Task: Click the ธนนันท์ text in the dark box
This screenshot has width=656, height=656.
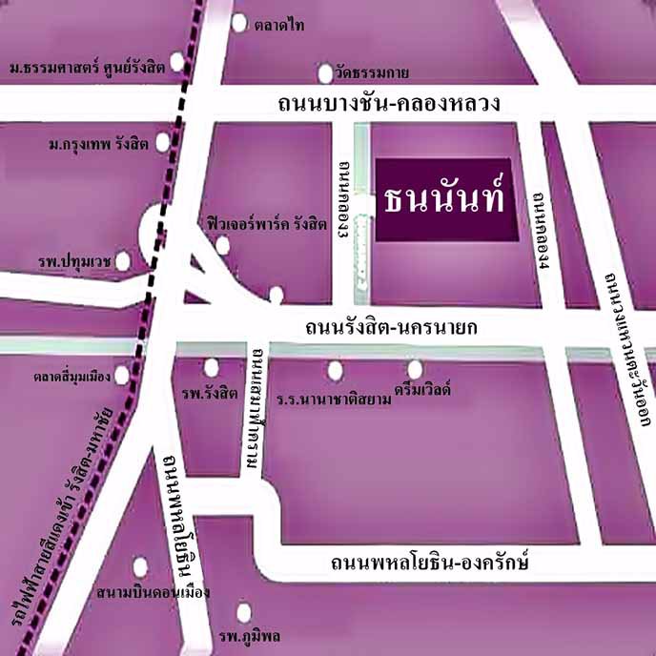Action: coord(444,200)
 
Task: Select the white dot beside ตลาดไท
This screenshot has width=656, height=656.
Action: coord(238,23)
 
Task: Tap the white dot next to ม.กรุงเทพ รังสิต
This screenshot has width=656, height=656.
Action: coord(162,143)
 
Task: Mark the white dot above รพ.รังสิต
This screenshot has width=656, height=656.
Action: coord(211,367)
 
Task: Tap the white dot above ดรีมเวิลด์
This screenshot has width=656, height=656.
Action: coord(415,368)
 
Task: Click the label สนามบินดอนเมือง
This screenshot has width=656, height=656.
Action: coord(153,592)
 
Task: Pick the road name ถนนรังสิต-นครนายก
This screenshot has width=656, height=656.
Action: coord(389,328)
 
